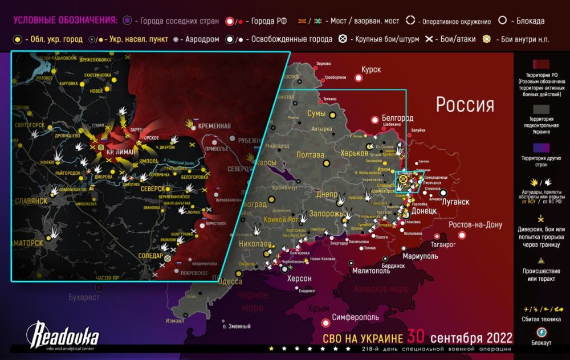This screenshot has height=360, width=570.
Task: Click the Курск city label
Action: [370, 70]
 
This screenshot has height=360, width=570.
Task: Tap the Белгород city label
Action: [398, 117]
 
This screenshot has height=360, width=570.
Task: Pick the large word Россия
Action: [465, 104]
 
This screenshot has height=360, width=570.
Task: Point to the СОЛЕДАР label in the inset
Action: [151, 256]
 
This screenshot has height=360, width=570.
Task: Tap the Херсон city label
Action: [299, 279]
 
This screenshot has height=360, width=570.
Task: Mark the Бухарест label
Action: [84, 297]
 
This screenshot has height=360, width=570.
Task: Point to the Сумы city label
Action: [317, 114]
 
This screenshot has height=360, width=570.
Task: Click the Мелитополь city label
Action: [370, 271]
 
